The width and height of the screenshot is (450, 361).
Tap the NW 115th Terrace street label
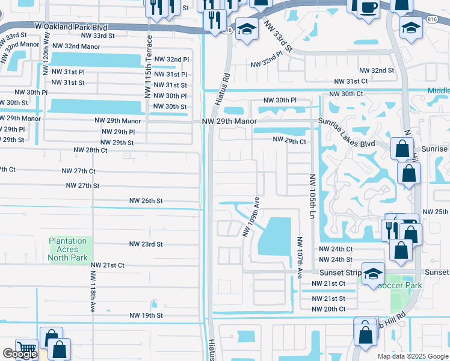tap(148, 66)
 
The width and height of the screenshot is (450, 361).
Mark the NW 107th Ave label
tap(299, 257)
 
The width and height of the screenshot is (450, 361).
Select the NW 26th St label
tap(146, 200)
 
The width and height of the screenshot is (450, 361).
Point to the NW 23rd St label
tap(146, 244)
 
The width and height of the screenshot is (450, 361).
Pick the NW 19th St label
tap(146, 315)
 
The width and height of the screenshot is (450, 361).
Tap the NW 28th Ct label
tap(90, 150)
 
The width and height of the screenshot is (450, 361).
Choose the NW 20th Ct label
tap(328, 309)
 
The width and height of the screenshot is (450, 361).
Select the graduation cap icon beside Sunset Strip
tap(373, 273)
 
